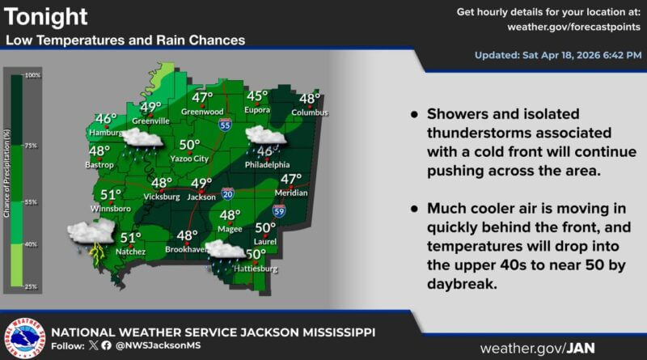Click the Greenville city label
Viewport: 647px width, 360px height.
tap(150, 121)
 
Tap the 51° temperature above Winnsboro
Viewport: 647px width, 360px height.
tap(111, 195)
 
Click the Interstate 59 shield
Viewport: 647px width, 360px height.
tap(279, 211)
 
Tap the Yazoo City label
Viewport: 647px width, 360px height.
tap(189, 159)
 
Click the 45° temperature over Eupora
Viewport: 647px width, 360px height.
tap(258, 95)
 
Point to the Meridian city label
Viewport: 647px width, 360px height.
tap(290, 193)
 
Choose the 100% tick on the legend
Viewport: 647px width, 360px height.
tap(32, 75)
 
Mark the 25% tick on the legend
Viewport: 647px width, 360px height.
tap(32, 286)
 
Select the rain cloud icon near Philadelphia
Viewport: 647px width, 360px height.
tap(266, 138)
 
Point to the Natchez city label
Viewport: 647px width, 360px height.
tap(129, 252)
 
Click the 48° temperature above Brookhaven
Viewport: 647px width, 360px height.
tap(188, 236)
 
